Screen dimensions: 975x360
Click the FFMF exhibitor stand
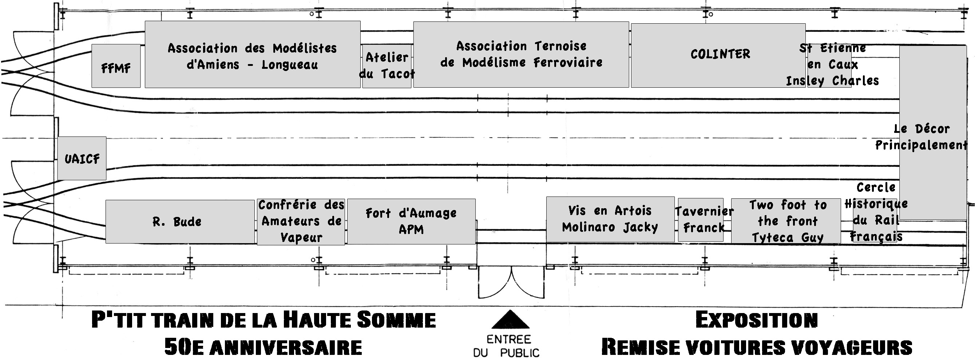pos(116,66)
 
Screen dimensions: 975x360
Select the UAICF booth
pos(82,158)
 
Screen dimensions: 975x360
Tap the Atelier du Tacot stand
pos(387,66)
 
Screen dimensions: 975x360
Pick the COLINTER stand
pos(718,55)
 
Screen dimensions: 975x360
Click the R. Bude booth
pos(180,221)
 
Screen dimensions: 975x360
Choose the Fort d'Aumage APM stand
pos(411,221)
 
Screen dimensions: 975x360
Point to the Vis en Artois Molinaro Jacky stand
pos(610,219)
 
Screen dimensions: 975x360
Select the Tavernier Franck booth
pos(701,219)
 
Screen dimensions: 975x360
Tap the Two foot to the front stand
pos(786,221)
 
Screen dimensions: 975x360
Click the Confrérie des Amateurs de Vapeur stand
pos(301,222)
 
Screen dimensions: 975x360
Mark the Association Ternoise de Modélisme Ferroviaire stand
pos(521,55)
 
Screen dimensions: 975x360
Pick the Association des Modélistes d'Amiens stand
pos(253,55)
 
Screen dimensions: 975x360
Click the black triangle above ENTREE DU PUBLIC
pos(510,319)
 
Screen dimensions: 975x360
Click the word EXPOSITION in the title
pos(757,320)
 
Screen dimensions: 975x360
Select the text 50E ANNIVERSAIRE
pos(263,347)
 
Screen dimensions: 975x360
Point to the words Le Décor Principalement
pos(921,137)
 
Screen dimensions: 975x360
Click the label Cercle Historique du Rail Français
pos(876,212)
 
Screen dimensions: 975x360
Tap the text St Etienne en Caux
pos(833,56)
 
